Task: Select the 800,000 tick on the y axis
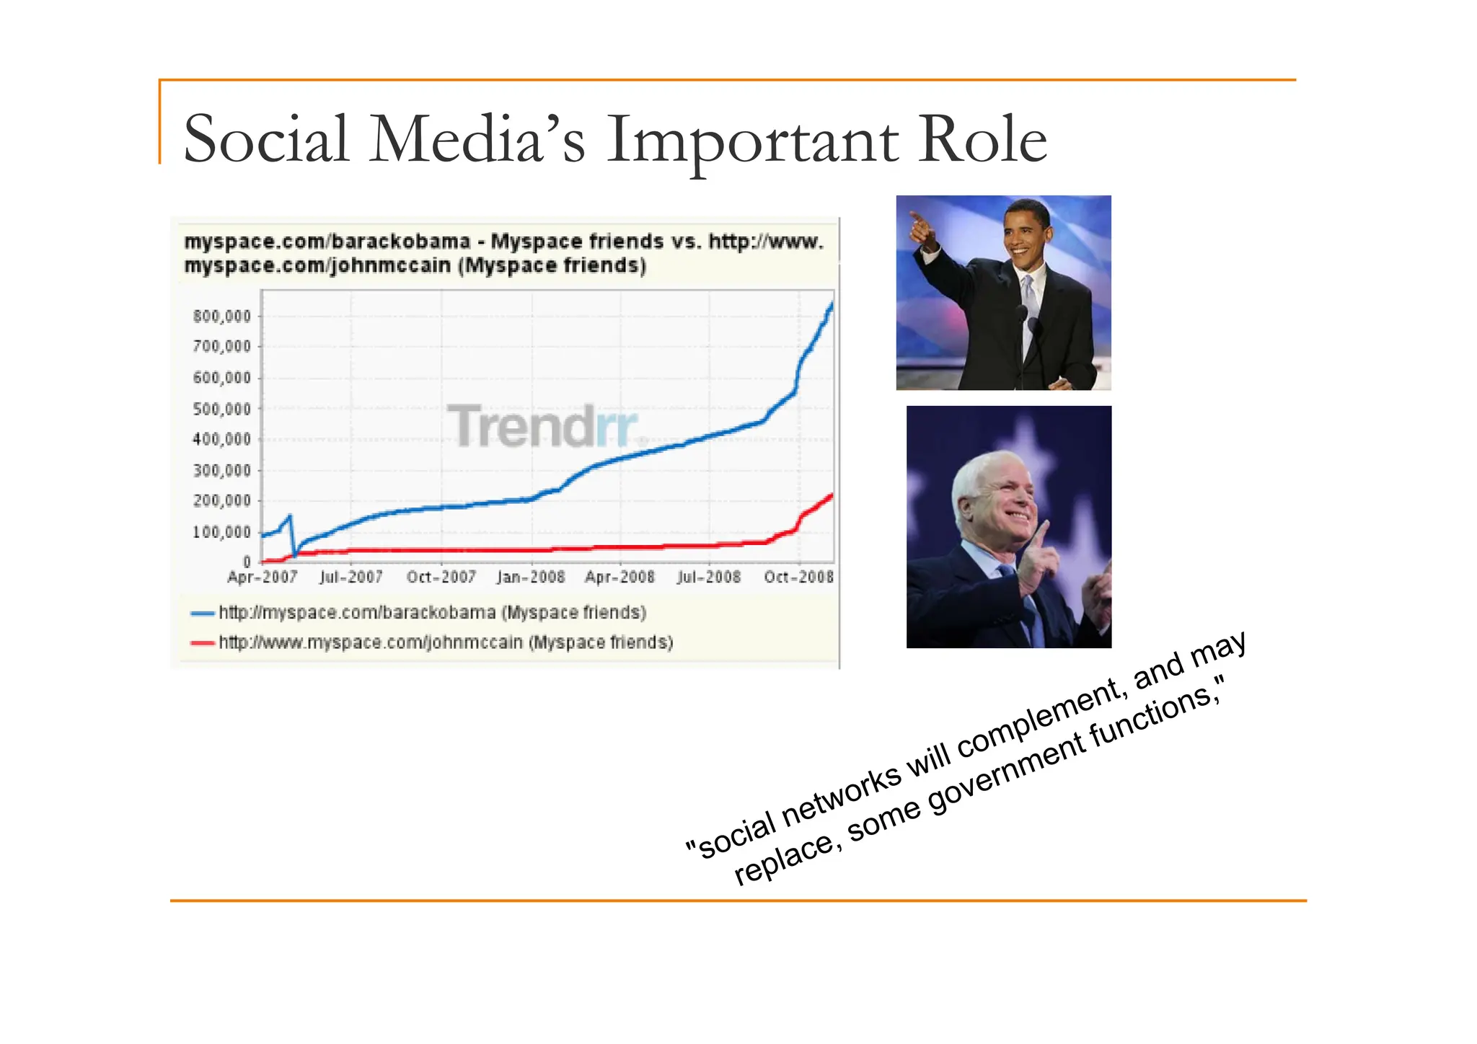click(x=221, y=316)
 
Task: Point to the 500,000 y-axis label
click(x=221, y=409)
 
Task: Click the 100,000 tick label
click(x=221, y=532)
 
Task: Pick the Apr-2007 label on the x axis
click(x=263, y=577)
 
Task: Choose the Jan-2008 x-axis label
click(x=531, y=577)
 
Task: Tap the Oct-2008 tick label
click(x=799, y=577)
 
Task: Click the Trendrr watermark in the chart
click(x=544, y=425)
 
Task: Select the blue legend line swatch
click(x=202, y=614)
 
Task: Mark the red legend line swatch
click(x=202, y=643)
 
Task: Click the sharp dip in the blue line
click(x=294, y=554)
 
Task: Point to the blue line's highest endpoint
click(x=832, y=304)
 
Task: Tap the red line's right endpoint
click(x=832, y=495)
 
